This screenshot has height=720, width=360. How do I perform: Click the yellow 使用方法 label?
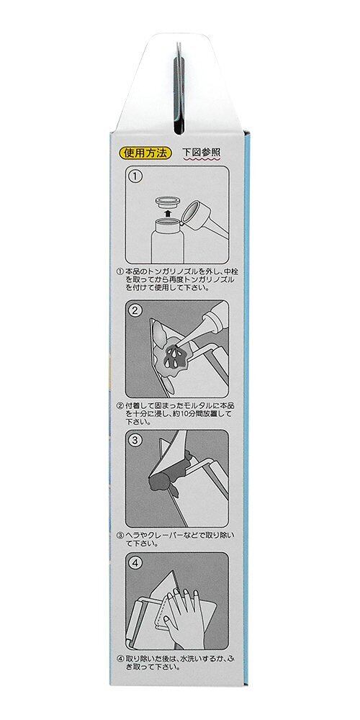[145, 153]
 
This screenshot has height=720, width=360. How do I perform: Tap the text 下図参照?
[202, 153]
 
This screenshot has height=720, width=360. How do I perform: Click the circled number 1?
[135, 176]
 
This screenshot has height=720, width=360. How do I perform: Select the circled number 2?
[135, 310]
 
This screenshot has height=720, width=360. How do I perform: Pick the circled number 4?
[135, 562]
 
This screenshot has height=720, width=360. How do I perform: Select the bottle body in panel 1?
[167, 240]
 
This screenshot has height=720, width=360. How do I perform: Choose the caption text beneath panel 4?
[177, 661]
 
